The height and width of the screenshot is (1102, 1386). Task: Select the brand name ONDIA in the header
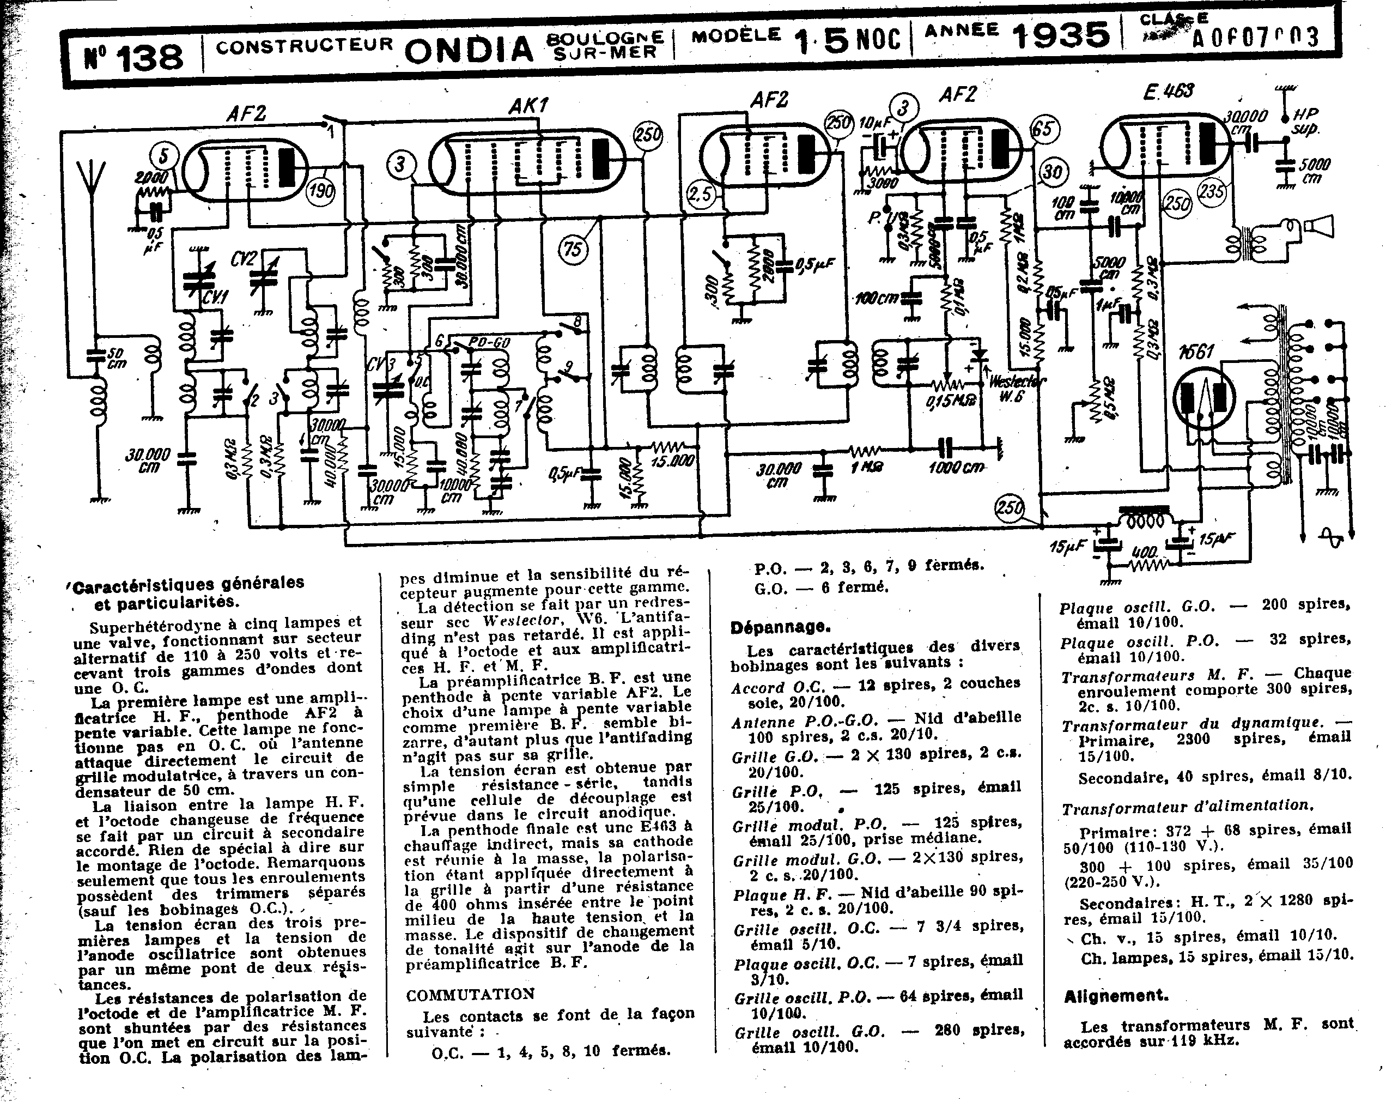[x=469, y=49]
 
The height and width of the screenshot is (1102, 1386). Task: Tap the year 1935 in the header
[x=1061, y=35]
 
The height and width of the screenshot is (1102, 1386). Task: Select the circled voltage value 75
[x=572, y=248]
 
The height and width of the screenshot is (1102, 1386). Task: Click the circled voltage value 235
[x=1212, y=192]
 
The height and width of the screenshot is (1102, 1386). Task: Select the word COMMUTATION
[x=470, y=994]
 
